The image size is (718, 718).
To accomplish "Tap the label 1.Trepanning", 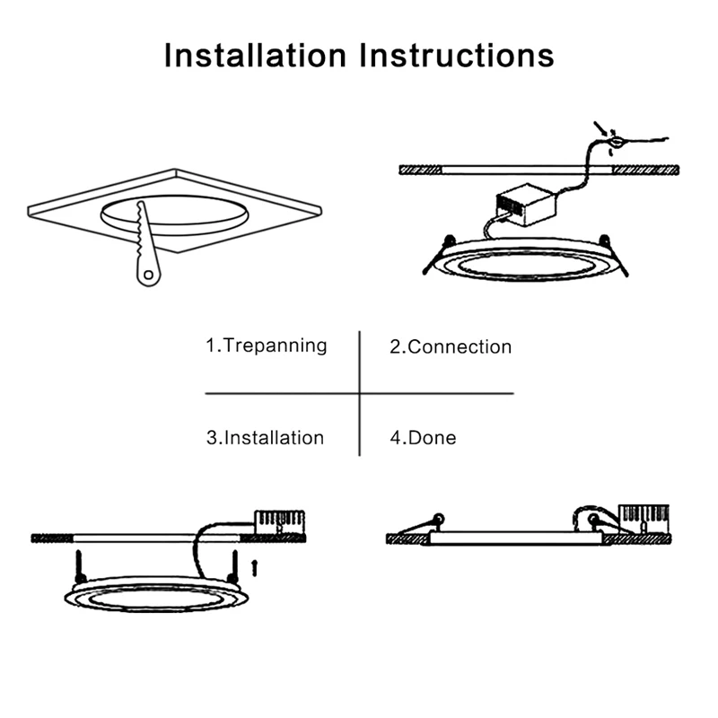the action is point(267,346).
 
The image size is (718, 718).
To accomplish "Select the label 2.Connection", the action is point(451,346).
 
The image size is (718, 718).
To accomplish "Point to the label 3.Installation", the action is point(265,438).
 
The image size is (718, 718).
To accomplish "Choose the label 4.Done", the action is point(423,438).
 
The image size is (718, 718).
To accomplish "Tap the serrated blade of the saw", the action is point(144,229).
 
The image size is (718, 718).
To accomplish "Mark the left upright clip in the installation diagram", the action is point(81,564).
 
